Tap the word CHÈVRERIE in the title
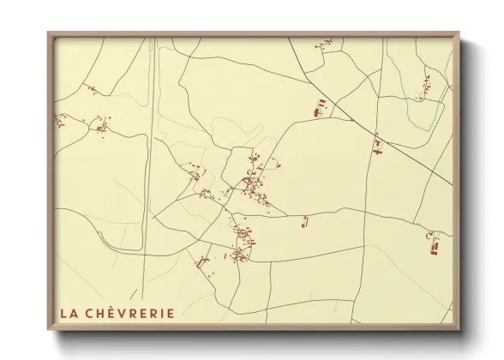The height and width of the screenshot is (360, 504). (x=129, y=313)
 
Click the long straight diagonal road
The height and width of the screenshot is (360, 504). (x=377, y=129)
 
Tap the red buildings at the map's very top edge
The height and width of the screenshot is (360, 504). (x=324, y=42)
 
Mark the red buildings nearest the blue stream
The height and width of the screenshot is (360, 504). (x=424, y=86)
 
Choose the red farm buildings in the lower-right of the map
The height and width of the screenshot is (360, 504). (x=434, y=246)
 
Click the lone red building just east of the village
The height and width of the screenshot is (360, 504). (x=303, y=223)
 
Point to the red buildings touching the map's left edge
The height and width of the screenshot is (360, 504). (x=59, y=121)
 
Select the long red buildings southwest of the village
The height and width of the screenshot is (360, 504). (x=202, y=260)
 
